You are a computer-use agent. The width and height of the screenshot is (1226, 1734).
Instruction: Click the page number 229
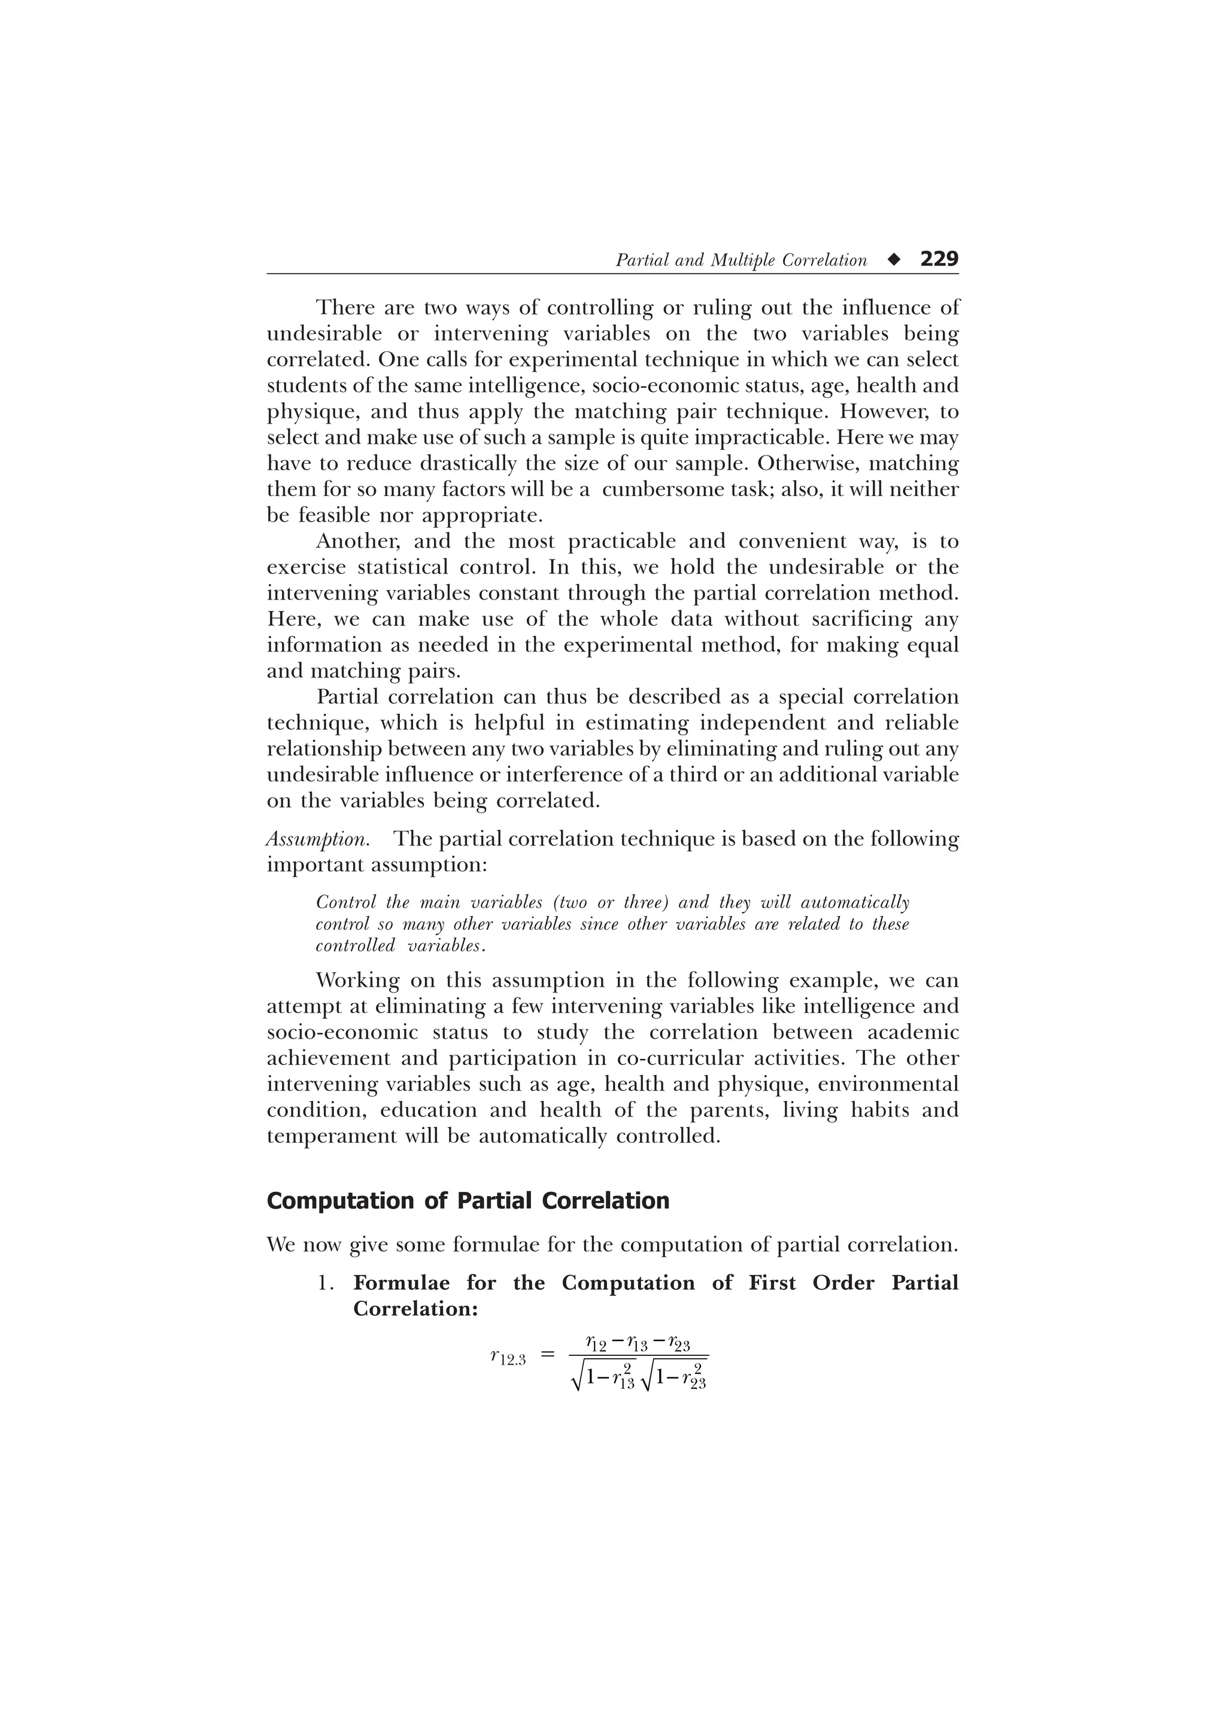click(939, 259)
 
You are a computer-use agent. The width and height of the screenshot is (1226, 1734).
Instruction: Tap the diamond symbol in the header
click(894, 260)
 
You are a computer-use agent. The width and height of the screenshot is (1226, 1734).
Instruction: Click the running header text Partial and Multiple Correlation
click(741, 260)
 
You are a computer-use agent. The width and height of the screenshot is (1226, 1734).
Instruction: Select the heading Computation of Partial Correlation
click(468, 1201)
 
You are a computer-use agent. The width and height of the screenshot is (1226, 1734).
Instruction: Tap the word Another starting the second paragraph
click(358, 542)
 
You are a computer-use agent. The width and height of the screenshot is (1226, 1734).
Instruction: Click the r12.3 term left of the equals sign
click(508, 1357)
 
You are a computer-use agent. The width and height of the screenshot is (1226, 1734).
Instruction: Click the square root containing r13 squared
click(604, 1376)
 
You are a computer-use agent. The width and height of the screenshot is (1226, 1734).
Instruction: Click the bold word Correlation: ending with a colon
click(415, 1309)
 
